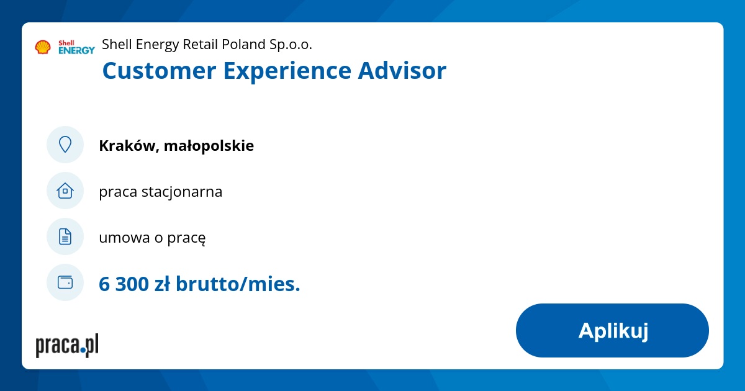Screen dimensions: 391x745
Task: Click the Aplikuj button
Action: tap(612, 330)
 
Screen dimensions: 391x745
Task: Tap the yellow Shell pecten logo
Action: tap(43, 47)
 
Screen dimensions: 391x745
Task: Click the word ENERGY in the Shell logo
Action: tap(76, 51)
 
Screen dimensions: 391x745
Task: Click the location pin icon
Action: tap(65, 145)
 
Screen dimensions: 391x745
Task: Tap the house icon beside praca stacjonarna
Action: tap(65, 191)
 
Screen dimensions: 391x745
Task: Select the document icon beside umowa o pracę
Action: tap(65, 236)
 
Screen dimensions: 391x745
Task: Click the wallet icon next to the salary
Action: tap(65, 282)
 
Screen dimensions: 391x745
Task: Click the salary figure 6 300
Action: tap(124, 284)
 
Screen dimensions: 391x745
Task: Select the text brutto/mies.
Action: tap(238, 284)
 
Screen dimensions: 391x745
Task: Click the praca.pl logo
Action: tap(67, 345)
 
